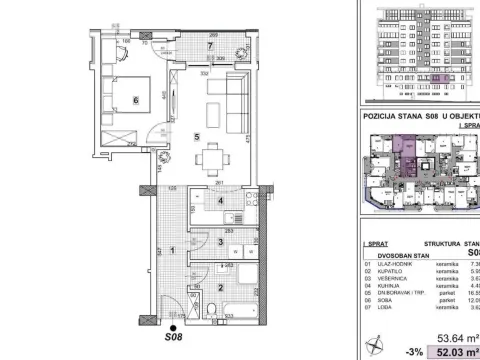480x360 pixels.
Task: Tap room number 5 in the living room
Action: pyautogui.click(x=197, y=137)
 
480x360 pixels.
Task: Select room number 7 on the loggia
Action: pyautogui.click(x=209, y=47)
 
